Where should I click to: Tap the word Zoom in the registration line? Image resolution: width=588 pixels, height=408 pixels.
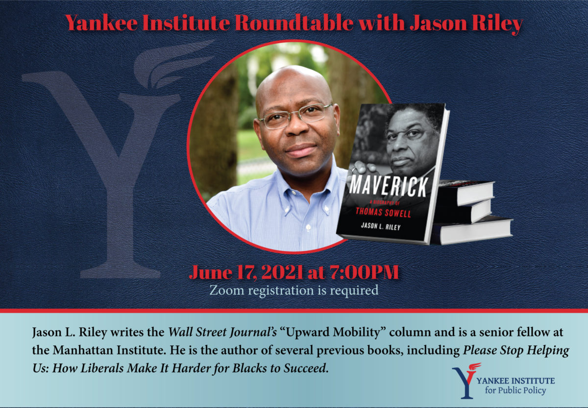tap(227, 290)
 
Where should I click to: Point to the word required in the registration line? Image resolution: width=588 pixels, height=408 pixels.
tap(354, 290)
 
